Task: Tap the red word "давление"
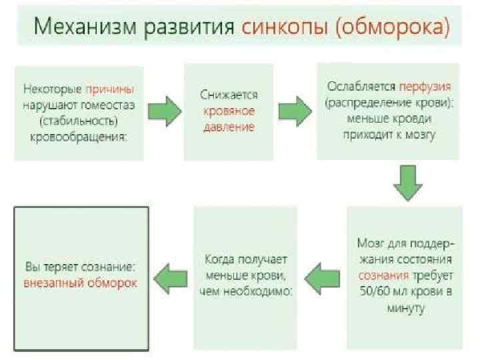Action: pos(229,127)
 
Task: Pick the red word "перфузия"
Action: pos(425,87)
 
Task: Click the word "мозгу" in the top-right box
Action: pos(419,135)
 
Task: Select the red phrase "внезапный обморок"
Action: pos(81,283)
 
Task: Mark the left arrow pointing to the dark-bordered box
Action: pos(169,275)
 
